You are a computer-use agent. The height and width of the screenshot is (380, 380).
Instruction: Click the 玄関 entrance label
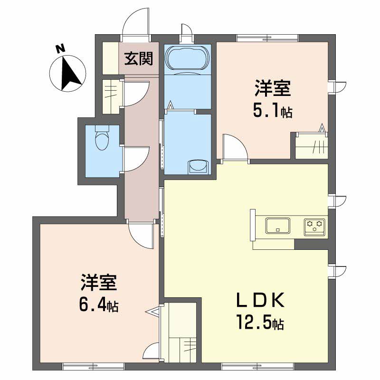pyautogui.click(x=139, y=58)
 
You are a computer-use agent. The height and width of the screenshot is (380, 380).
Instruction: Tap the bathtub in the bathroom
pyautogui.click(x=186, y=58)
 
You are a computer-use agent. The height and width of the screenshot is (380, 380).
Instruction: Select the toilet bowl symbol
pyautogui.click(x=102, y=138)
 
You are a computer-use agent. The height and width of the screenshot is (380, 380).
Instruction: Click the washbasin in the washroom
pyautogui.click(x=198, y=167)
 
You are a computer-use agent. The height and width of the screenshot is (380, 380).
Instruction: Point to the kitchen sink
pyautogui.click(x=278, y=226)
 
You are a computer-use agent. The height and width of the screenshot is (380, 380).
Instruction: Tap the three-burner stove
pyautogui.click(x=314, y=228)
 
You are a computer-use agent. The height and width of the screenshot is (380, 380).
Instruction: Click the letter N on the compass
pyautogui.click(x=61, y=49)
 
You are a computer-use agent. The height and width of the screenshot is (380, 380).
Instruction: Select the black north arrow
pyautogui.click(x=69, y=73)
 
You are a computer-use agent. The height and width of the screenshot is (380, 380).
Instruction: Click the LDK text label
pyautogui.click(x=260, y=300)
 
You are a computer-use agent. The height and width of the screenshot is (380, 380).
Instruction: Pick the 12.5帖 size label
pyautogui.click(x=260, y=322)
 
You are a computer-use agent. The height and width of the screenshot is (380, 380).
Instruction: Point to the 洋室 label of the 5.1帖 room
pyautogui.click(x=272, y=88)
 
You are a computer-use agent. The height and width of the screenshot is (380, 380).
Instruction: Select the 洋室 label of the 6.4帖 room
pyautogui.click(x=99, y=283)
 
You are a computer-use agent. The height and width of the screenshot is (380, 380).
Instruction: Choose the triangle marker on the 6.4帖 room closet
pyautogui.click(x=153, y=312)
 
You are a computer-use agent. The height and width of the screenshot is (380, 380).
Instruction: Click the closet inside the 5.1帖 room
pyautogui.click(x=312, y=146)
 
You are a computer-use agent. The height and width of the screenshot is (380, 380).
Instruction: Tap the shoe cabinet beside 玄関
pyautogui.click(x=111, y=58)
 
